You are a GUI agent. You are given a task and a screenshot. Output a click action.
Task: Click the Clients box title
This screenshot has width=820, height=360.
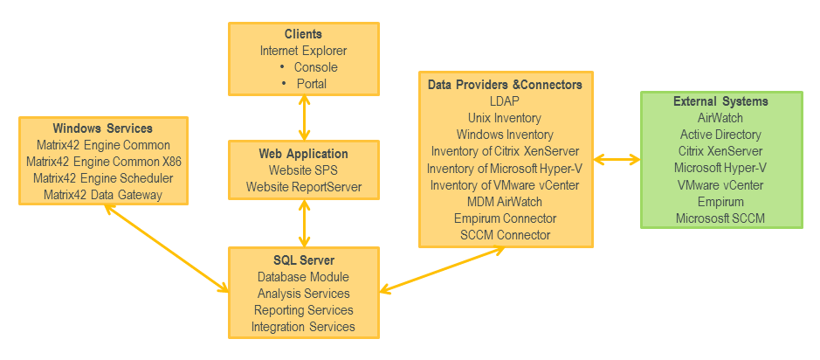[x=303, y=34]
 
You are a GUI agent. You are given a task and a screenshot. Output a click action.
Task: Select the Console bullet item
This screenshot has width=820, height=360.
[x=315, y=67]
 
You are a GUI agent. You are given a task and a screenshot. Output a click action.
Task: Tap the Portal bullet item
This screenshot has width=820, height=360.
[x=311, y=84]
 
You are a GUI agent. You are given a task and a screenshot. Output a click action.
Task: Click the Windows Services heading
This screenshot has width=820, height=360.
[x=103, y=128]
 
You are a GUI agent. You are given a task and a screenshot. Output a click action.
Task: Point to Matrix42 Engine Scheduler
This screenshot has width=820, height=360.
[x=103, y=178]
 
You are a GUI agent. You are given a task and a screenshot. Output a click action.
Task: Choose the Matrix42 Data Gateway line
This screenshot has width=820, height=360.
[x=103, y=195]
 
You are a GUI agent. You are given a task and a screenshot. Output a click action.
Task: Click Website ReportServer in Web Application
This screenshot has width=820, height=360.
[x=303, y=186]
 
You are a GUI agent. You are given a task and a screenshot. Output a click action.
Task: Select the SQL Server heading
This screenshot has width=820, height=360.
[x=303, y=260]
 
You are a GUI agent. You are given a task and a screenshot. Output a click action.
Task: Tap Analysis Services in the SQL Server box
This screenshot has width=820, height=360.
[x=303, y=294]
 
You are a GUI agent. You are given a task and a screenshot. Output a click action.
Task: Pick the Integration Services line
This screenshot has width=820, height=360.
[x=303, y=327]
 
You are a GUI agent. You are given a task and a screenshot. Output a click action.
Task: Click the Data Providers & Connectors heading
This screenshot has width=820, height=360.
[x=505, y=85]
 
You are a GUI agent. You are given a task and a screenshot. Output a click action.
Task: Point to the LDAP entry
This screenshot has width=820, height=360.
[x=505, y=101]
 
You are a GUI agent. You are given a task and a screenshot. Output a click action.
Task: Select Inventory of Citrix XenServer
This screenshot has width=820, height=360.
[x=505, y=151]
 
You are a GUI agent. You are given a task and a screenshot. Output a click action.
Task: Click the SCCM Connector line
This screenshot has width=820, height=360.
[x=505, y=235]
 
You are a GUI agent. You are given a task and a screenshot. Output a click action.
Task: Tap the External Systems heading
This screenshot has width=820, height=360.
[x=720, y=101]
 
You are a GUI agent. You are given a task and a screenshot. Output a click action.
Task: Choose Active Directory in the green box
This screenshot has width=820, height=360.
[x=720, y=135]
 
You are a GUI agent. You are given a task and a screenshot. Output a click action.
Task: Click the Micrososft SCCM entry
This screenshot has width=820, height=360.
[x=720, y=218]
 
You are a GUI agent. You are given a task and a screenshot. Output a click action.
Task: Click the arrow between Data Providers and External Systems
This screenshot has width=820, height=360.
[x=617, y=159]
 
